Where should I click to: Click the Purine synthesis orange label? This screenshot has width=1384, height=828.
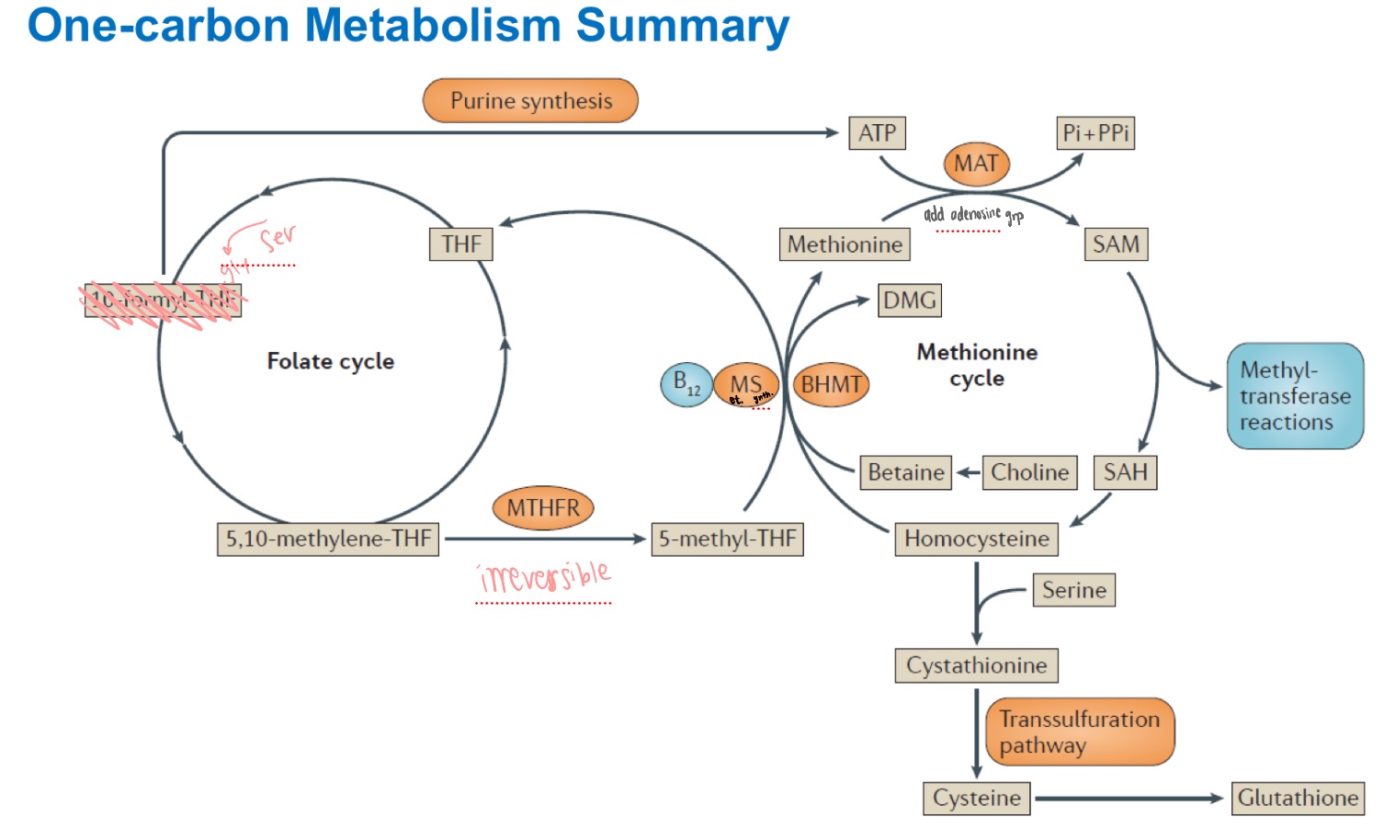tap(530, 101)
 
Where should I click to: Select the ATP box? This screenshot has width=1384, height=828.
tap(877, 133)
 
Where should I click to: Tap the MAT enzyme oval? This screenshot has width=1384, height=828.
tap(976, 164)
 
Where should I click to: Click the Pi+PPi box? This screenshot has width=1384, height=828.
tap(1095, 133)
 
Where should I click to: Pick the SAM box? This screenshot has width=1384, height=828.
tap(1116, 244)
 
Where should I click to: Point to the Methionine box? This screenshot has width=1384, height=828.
tap(845, 244)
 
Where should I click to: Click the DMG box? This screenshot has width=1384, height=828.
tap(909, 301)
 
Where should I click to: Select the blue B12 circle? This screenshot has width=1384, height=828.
tap(686, 384)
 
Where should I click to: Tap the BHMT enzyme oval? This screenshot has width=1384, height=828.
tap(831, 384)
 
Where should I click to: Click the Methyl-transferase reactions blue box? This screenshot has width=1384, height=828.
tap(1295, 396)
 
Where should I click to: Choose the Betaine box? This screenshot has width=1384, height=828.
tap(905, 472)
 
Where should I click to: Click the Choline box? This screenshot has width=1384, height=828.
tap(1029, 472)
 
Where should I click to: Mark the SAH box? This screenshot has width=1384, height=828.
tap(1125, 472)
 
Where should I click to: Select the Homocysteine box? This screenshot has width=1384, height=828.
tap(976, 539)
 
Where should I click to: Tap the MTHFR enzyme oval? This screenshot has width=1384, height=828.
tap(543, 508)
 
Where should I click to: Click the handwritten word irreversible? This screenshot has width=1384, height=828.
tap(544, 577)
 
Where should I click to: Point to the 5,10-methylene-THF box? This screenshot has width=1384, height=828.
tap(328, 539)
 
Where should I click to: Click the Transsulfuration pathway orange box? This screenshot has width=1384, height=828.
tap(1080, 732)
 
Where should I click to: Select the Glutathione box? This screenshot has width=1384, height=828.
tap(1298, 798)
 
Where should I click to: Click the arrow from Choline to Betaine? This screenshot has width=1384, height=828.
tap(968, 472)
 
